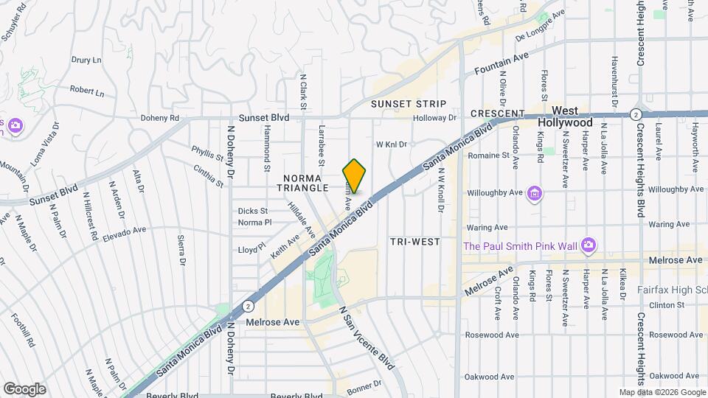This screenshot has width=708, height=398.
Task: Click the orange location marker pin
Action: tap(355, 176)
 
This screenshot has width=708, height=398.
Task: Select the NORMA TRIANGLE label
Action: tap(302, 183)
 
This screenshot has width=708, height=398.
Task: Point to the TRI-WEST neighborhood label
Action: tap(414, 242)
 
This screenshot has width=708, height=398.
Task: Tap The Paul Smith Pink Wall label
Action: tap(518, 245)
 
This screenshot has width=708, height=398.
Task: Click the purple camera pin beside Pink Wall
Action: tap(588, 245)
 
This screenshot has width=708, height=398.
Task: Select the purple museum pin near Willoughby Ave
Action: tap(535, 194)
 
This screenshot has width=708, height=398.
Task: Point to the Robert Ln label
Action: tap(87, 92)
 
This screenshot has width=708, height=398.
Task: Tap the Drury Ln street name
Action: tap(86, 60)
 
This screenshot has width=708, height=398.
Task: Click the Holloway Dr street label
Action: tap(434, 117)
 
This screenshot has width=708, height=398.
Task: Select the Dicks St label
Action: tap(253, 211)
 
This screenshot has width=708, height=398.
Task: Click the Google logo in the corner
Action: tap(24, 388)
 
